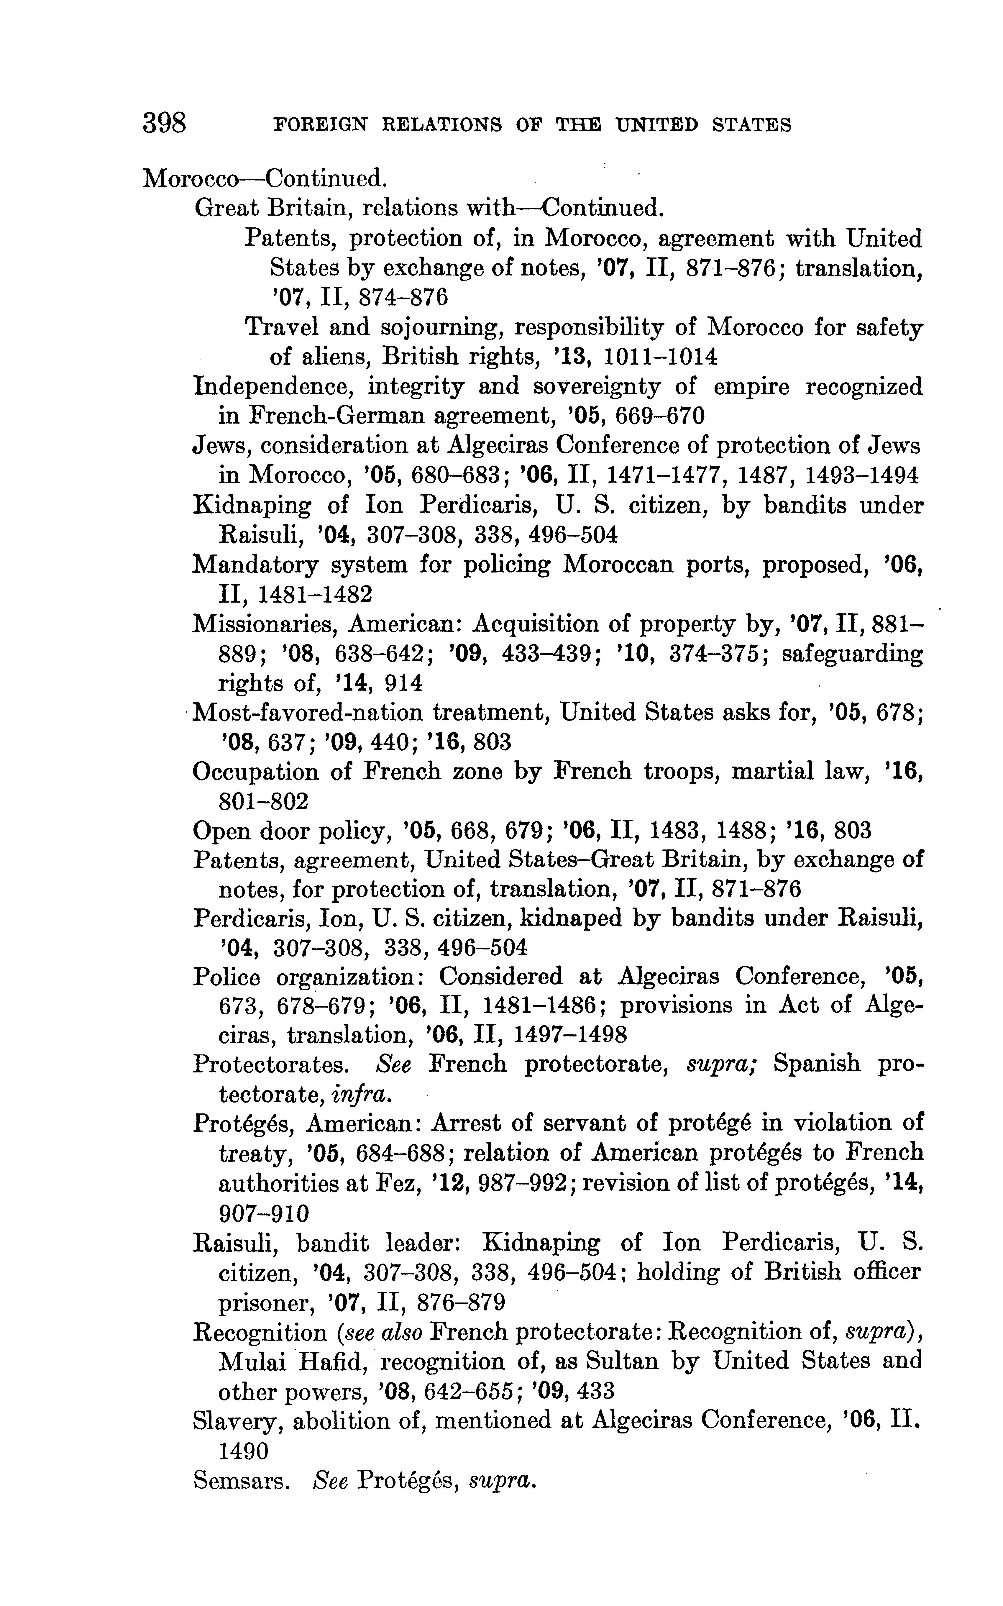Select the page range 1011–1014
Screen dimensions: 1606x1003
[x=661, y=357]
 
